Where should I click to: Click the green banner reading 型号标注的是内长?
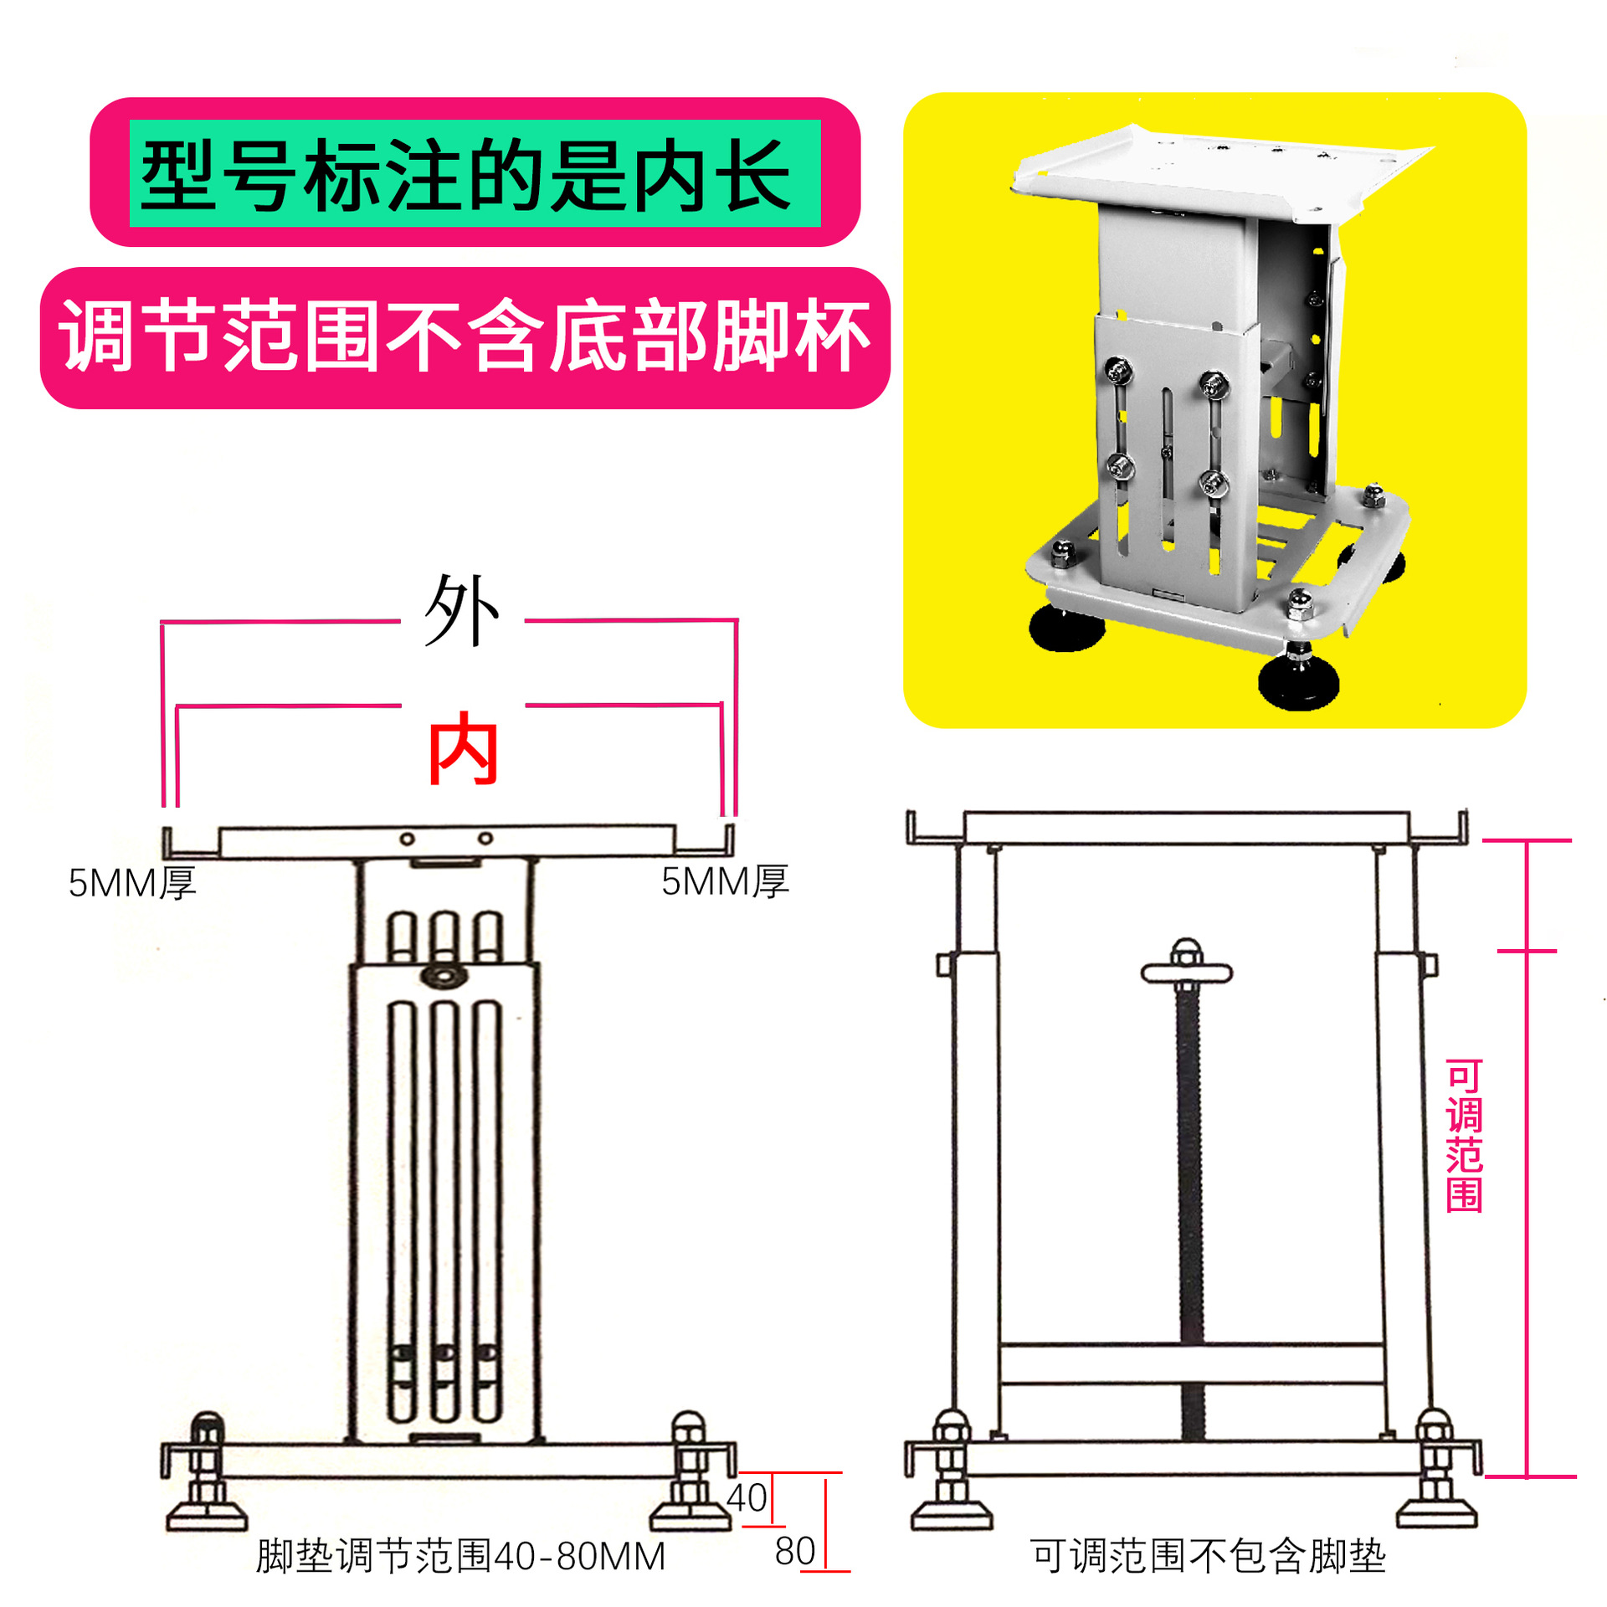click(475, 173)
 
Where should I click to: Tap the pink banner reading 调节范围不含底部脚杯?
click(465, 337)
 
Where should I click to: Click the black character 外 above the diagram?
click(461, 611)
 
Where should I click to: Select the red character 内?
click(463, 750)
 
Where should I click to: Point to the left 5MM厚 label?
click(132, 883)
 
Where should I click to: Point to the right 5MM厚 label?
click(725, 881)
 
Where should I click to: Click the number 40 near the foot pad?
click(746, 1497)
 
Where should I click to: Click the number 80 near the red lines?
click(794, 1551)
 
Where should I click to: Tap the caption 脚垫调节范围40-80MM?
click(460, 1556)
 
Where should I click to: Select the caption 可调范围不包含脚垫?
click(1208, 1556)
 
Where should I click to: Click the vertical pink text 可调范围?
click(1464, 1136)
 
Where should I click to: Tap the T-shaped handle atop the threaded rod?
click(1186, 971)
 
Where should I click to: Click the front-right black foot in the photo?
click(1298, 682)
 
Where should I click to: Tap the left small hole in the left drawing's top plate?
click(408, 839)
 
